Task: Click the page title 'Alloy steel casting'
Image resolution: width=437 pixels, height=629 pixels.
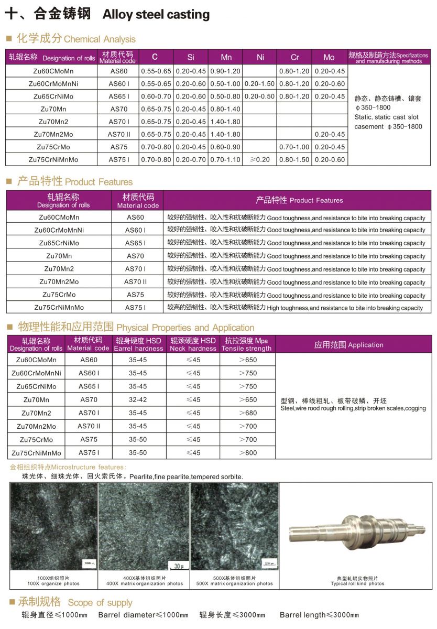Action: pyautogui.click(x=156, y=15)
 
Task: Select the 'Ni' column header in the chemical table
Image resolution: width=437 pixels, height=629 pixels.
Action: pyautogui.click(x=260, y=57)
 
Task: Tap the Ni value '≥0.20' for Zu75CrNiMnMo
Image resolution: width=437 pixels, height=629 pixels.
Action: pyautogui.click(x=260, y=159)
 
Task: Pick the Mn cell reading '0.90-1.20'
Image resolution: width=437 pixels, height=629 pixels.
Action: pyautogui.click(x=225, y=71)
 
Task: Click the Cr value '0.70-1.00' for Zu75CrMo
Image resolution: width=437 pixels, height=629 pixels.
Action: pyautogui.click(x=294, y=147)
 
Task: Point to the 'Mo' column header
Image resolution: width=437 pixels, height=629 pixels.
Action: pyautogui.click(x=329, y=57)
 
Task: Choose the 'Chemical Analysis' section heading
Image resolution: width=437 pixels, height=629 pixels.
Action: pyautogui.click(x=100, y=39)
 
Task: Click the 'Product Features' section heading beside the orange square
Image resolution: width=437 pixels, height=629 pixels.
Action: pyautogui.click(x=99, y=182)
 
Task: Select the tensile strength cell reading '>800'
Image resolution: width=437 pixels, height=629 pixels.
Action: pyautogui.click(x=247, y=452)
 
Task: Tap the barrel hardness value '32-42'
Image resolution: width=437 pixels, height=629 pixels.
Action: pyautogui.click(x=138, y=399)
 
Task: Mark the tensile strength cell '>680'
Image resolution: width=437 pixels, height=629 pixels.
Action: pyautogui.click(x=247, y=413)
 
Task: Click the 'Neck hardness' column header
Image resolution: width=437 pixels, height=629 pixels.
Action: pyautogui.click(x=193, y=344)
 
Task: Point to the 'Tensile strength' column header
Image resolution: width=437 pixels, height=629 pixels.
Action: pyautogui.click(x=247, y=344)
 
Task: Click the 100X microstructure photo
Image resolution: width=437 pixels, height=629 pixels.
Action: pyautogui.click(x=53, y=526)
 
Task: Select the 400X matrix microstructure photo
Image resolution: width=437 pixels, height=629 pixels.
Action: pyautogui.click(x=144, y=526)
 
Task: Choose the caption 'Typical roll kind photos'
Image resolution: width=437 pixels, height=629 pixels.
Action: pyautogui.click(x=357, y=583)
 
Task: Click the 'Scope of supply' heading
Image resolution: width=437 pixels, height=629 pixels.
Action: pyautogui.click(x=100, y=602)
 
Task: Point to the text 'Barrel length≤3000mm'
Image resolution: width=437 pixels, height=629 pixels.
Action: pyautogui.click(x=319, y=615)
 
